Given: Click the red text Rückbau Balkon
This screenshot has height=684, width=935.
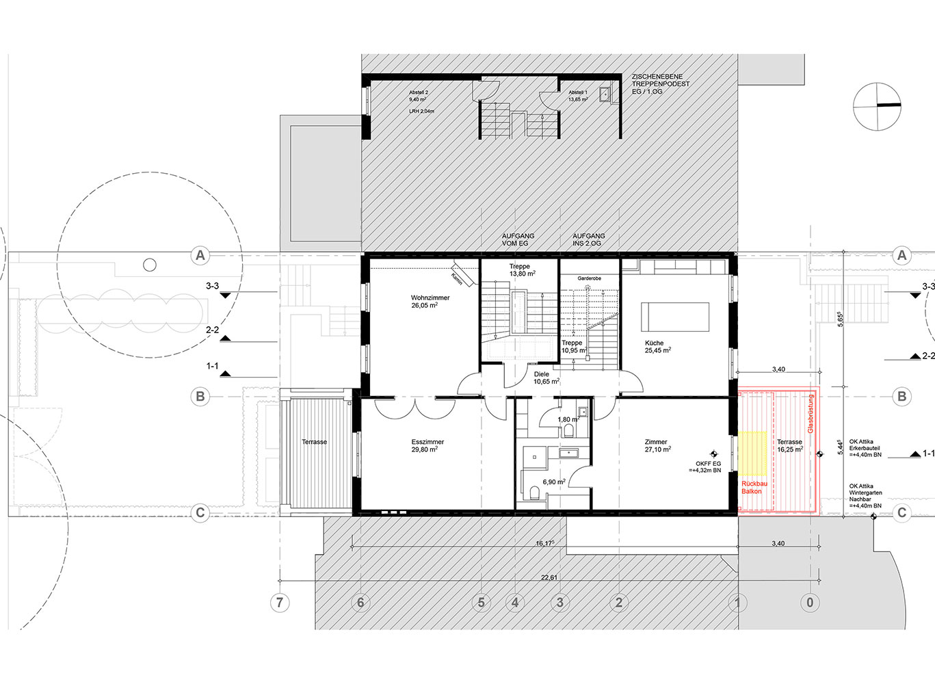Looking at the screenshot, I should pos(754,487).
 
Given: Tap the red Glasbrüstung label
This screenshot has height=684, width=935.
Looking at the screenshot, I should pos(811,413).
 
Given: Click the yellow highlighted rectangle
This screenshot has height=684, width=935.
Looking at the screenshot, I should pos(752,453).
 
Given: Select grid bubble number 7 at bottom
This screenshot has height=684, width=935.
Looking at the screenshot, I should pos(279,603).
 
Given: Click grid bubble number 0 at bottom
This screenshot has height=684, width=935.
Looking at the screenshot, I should pos(811,603).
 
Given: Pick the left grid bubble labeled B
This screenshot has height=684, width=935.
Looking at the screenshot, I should pos(200,396).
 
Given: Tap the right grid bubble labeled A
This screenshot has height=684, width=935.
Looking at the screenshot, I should pos(901,256).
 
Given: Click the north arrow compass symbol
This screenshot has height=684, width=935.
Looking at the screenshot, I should pos(877,105).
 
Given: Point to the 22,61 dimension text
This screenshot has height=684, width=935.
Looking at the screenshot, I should pos(549,577).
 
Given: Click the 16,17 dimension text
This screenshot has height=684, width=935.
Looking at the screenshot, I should pos(544,543).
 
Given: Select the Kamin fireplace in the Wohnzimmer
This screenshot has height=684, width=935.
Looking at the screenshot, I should pos(461,277).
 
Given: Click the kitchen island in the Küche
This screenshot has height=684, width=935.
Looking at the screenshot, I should pos(674,317).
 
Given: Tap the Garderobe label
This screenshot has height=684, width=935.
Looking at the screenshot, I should pos(589,279).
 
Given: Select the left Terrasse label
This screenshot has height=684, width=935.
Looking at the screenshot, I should pos(314,442).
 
